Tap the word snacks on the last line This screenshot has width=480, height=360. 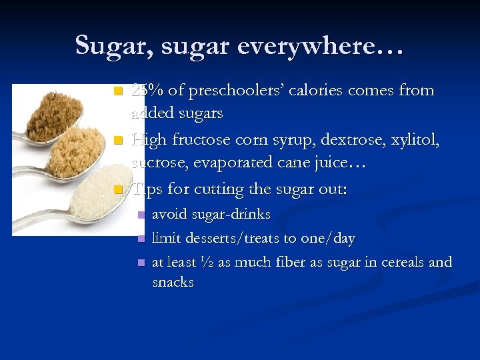point(173,282)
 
